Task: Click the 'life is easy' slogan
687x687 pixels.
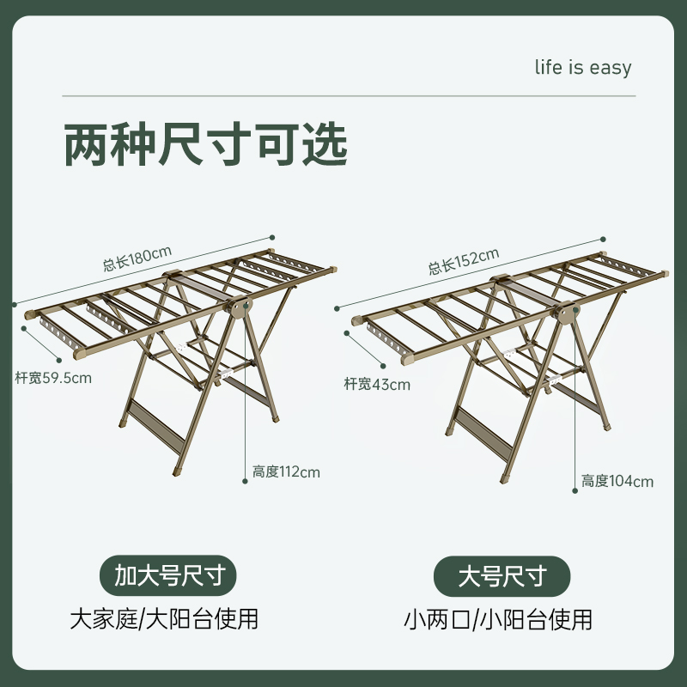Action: pyautogui.click(x=582, y=69)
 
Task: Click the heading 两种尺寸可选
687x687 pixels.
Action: pyautogui.click(x=206, y=144)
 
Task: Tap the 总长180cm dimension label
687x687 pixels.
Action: pyautogui.click(x=137, y=259)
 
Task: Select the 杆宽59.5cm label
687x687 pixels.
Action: pyautogui.click(x=53, y=377)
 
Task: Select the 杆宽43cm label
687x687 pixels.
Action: pyautogui.click(x=377, y=384)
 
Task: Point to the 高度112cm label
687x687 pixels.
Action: pyautogui.click(x=286, y=471)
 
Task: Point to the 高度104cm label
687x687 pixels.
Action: pyautogui.click(x=617, y=481)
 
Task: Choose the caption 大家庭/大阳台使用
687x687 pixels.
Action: pyautogui.click(x=164, y=618)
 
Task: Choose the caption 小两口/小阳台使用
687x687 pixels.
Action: pyautogui.click(x=498, y=618)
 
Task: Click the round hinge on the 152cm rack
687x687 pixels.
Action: pyautogui.click(x=566, y=315)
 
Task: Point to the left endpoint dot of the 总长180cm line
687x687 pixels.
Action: pyautogui.click(x=15, y=302)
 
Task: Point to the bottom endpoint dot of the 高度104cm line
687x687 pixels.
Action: pyautogui.click(x=575, y=493)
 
